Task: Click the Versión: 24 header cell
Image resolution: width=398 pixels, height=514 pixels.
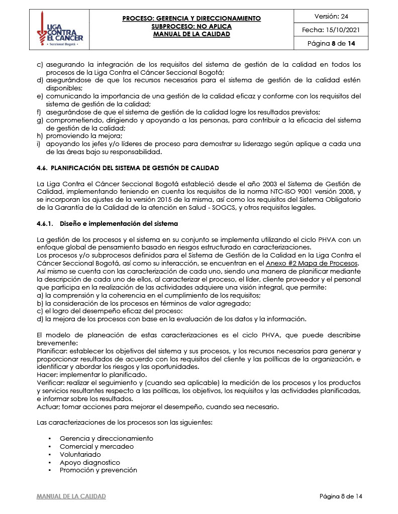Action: tap(331, 16)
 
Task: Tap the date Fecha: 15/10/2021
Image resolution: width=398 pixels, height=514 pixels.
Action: tap(331, 30)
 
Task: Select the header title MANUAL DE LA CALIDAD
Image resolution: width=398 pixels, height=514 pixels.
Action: tap(191, 34)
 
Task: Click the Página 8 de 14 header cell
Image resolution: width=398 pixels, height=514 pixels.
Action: tap(331, 44)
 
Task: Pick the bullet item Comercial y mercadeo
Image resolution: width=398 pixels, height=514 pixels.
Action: tap(96, 446)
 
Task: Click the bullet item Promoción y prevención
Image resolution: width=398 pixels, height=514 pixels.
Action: tap(98, 470)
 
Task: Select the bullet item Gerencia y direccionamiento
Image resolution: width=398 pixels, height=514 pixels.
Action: tap(106, 438)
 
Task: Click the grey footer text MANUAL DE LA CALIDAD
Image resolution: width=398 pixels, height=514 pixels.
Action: tap(71, 496)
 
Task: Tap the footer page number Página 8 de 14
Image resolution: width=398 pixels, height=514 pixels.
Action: tap(341, 496)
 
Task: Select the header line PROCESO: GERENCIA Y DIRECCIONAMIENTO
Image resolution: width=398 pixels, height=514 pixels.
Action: tap(191, 19)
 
